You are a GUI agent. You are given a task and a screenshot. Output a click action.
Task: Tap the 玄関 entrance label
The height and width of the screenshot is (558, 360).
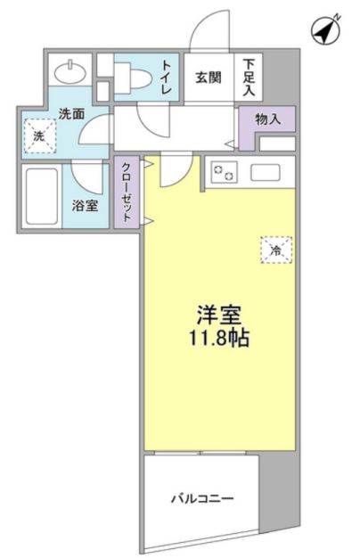point(209,77)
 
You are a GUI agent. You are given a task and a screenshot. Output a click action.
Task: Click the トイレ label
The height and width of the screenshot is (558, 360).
point(167,76)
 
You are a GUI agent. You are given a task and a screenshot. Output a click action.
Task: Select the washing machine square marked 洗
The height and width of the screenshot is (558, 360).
point(39,137)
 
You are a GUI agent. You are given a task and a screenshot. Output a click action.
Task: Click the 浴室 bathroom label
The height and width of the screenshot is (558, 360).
point(86,205)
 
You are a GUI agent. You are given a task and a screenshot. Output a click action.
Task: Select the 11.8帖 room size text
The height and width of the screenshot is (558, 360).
point(219,341)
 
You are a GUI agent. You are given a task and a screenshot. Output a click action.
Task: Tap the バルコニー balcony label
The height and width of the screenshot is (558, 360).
point(202,498)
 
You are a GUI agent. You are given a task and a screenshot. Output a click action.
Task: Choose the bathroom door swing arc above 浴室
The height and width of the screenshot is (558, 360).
point(89,174)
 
